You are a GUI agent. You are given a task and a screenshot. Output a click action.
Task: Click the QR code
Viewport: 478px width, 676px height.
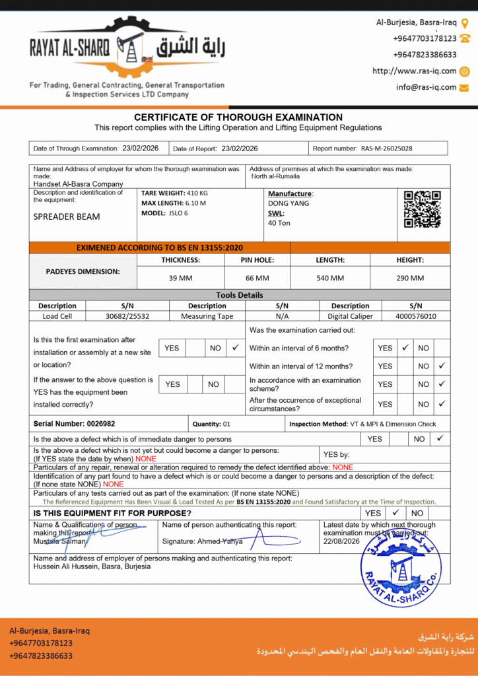coord(423,209)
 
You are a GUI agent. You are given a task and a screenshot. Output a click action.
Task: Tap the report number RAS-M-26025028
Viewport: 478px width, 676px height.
coord(386,149)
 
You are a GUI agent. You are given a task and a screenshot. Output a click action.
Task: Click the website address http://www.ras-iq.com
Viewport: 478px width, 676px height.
coord(415,71)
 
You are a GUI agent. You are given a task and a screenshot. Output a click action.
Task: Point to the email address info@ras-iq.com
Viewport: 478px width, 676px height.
coord(426,87)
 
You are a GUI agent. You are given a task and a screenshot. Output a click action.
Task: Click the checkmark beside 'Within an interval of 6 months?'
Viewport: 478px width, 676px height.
coord(405,347)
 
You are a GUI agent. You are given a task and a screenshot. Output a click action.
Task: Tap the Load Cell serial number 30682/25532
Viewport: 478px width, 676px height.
coord(127,316)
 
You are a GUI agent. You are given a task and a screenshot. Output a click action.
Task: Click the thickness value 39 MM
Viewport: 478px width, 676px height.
coord(181,278)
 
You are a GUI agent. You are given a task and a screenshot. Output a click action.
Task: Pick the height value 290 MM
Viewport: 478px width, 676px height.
coord(410,278)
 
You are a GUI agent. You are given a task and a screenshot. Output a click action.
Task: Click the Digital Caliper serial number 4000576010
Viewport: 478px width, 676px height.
coord(415,316)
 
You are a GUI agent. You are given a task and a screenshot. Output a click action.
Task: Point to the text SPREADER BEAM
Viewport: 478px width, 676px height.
coord(67,217)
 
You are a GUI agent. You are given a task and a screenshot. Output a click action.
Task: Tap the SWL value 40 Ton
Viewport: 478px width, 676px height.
coord(279,223)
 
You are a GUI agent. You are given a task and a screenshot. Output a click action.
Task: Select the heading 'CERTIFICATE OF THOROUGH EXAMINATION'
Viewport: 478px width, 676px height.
coord(238,118)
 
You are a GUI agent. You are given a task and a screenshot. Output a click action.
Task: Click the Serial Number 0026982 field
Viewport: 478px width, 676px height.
coord(74,424)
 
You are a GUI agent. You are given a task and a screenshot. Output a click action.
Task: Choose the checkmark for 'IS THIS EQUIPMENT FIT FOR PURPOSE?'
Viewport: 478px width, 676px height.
coord(395,512)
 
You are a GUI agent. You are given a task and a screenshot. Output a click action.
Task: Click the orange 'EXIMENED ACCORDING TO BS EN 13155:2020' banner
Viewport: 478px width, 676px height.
coord(160,248)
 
